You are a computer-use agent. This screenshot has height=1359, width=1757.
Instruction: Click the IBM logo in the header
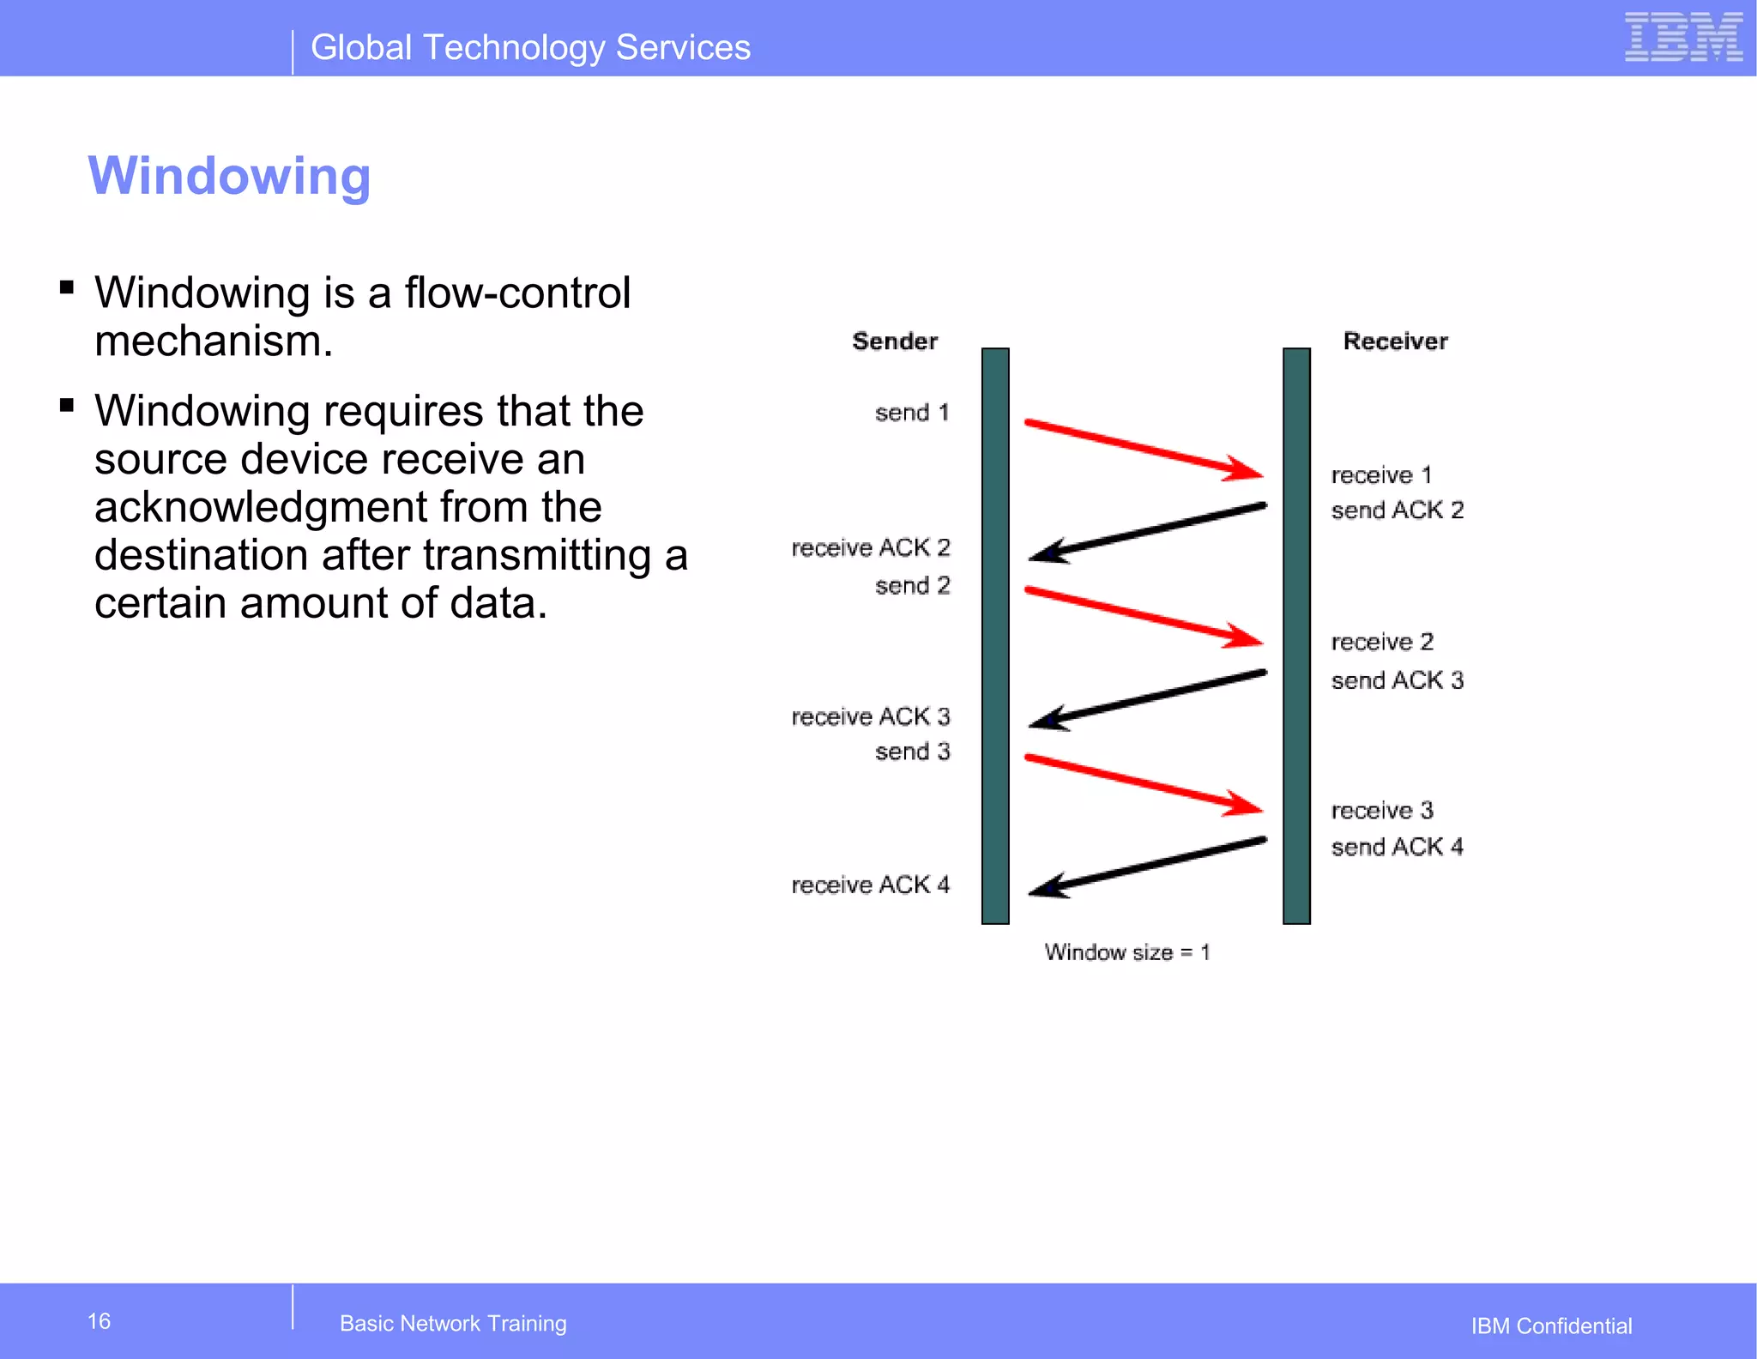1683,38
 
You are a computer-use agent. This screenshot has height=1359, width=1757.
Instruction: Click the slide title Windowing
229,176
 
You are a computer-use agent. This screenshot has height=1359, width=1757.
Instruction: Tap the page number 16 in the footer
99,1321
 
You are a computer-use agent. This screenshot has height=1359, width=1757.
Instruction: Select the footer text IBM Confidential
1551,1326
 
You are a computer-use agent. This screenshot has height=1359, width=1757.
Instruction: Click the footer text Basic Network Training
453,1323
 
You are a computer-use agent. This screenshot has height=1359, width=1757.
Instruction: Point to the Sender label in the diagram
895,341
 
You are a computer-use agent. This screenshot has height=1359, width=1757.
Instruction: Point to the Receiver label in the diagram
1395,341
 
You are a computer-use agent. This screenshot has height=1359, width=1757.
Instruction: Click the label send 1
912,413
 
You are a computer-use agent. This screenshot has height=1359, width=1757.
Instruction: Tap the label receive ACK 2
870,547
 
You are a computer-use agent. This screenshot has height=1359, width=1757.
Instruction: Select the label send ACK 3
1397,680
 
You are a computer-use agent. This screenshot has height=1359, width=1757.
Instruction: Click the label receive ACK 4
870,885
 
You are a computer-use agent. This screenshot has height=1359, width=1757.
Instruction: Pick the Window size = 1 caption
1126,952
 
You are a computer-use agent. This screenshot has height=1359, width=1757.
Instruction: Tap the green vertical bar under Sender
995,635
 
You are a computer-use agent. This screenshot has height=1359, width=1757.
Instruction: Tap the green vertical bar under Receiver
1296,635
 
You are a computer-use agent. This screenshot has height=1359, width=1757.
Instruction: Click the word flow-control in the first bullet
517,293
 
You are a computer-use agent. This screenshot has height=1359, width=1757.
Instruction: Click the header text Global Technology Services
530,48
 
